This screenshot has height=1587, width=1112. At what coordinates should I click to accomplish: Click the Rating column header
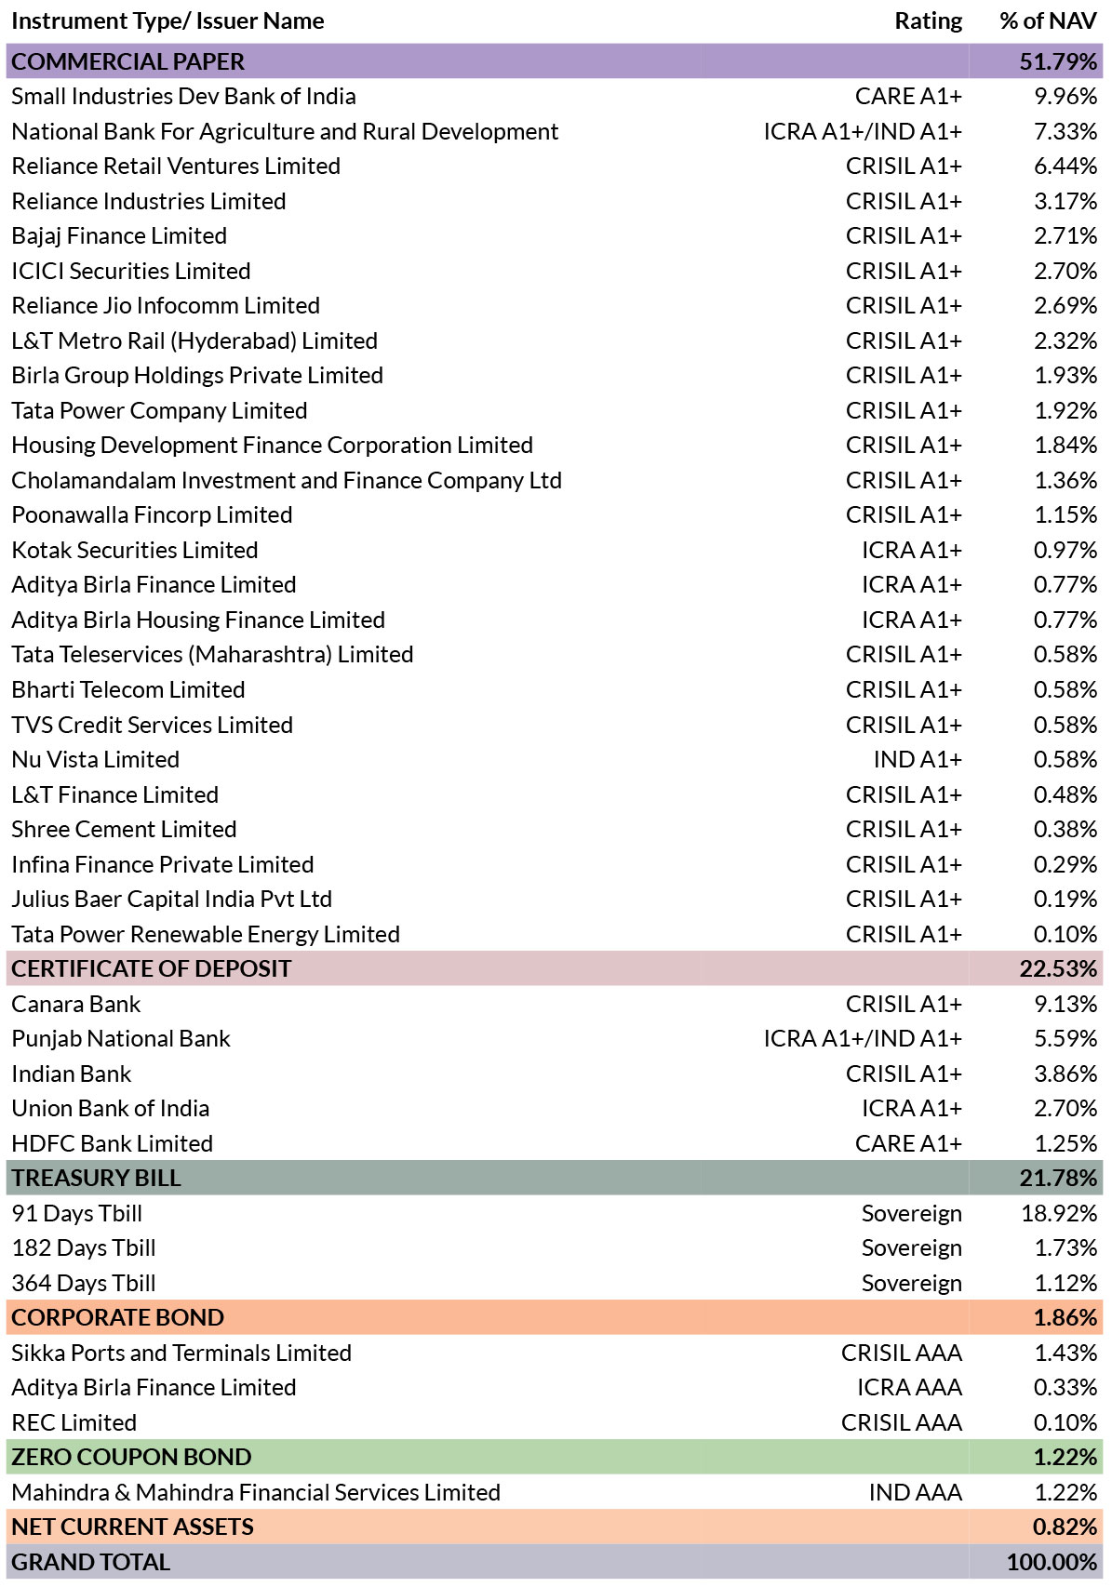point(928,21)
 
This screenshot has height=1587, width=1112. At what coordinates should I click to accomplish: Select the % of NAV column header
point(1048,21)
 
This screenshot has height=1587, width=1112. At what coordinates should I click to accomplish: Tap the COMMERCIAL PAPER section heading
point(127,61)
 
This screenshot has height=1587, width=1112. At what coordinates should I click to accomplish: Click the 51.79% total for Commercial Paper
point(1057,61)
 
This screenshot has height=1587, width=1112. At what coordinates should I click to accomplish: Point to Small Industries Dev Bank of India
point(183,97)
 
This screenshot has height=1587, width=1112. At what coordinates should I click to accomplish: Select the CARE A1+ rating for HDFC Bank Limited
point(908,1143)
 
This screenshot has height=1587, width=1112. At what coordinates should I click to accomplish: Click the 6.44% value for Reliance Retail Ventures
point(1065,166)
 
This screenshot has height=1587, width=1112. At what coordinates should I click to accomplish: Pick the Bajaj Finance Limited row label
point(119,236)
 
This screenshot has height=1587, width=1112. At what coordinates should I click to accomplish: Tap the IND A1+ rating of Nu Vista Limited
point(918,759)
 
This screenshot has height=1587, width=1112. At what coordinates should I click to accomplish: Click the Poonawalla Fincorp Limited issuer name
point(152,515)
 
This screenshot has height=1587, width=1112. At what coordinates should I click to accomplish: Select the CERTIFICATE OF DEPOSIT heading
point(151,968)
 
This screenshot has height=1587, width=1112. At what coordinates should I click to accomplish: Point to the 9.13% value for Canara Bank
point(1065,1004)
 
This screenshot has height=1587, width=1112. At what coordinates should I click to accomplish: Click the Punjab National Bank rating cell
point(863,1039)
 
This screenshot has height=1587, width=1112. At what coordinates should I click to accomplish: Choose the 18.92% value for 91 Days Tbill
point(1059,1214)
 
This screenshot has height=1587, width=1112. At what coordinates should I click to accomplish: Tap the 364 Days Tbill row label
point(84,1283)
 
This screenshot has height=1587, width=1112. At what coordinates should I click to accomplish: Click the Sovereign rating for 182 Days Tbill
point(911,1248)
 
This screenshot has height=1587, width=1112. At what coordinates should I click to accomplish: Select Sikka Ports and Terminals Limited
point(181,1354)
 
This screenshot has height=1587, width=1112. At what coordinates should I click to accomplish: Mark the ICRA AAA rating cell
point(909,1388)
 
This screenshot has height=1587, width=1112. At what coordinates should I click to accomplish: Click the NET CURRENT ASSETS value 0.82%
point(1065,1527)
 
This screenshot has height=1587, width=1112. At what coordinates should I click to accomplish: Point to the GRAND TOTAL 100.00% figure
point(1052,1562)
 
